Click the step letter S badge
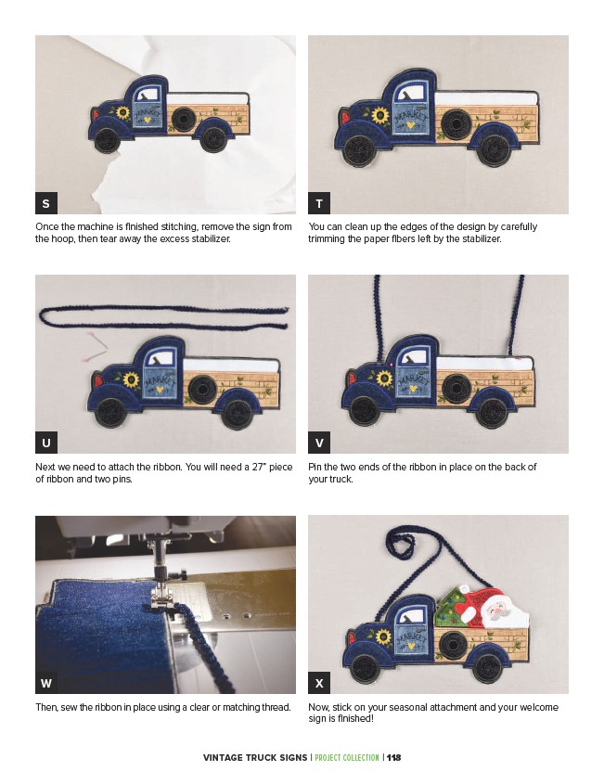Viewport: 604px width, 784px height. [46, 203]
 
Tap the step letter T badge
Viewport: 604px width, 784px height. [319, 203]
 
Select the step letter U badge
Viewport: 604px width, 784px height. [46, 443]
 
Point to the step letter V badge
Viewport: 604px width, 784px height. [319, 443]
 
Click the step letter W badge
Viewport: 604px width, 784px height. [46, 683]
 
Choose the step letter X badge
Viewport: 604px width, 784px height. [319, 683]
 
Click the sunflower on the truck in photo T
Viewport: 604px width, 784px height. [380, 116]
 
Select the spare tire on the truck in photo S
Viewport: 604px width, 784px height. [184, 119]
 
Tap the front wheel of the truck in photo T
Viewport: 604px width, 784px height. [358, 148]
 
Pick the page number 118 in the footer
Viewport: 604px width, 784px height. [394, 757]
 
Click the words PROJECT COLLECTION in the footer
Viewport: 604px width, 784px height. [346, 757]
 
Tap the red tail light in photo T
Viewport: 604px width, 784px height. [344, 118]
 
